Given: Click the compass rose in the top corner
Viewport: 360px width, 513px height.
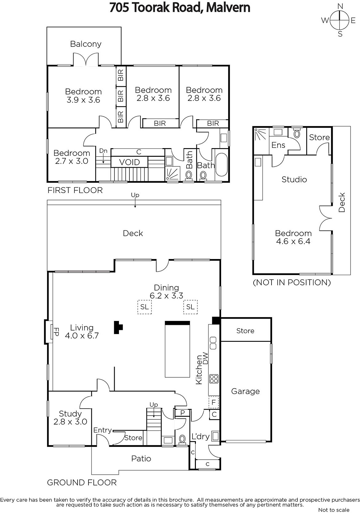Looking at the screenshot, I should coord(339,20).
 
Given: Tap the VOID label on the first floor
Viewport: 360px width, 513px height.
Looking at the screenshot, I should coord(130,162).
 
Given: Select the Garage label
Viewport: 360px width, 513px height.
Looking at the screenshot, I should coord(245,391).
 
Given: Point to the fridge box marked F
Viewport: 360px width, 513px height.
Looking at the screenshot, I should coord(213,402).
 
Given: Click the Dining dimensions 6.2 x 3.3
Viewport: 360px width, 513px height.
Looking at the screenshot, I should coord(166,296).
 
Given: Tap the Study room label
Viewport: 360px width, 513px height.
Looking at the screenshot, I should coord(70,414).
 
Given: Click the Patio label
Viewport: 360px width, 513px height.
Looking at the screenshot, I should coord(141,458).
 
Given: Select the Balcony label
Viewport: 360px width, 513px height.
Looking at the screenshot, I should coord(86,44).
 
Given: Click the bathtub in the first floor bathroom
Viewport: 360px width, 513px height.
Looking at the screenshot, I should coord(222,165).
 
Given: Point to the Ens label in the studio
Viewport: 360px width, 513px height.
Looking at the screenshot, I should coord(278,145).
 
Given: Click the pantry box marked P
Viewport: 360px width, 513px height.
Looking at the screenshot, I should coord(182,413).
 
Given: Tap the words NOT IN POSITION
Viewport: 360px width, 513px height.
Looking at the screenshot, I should coord(292,282).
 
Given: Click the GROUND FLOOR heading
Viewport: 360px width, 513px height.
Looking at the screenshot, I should coord(82,483).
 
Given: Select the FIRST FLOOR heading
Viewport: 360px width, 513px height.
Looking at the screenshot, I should coord(75,190).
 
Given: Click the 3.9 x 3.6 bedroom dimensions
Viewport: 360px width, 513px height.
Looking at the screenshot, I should coord(83,100).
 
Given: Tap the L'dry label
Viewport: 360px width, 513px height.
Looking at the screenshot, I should coord(200,436).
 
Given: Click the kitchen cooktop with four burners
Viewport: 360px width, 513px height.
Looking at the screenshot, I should coord(214,379).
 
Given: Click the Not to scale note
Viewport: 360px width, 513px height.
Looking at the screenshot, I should coord(334,510).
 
